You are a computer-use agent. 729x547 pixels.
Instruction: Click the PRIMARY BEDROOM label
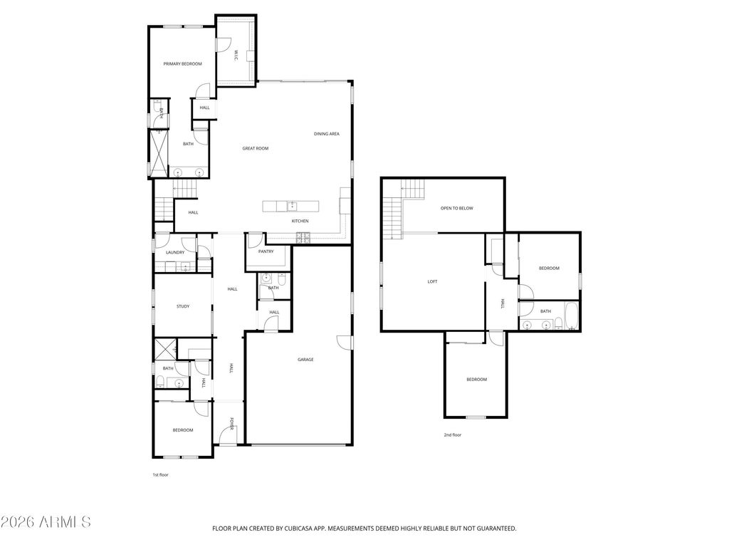point(182,64)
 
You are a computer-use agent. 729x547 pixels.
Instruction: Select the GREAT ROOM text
point(255,148)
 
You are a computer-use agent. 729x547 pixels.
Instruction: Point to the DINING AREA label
point(326,134)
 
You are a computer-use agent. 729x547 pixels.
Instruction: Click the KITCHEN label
point(300,221)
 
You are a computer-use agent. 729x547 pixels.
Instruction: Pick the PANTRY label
point(266,251)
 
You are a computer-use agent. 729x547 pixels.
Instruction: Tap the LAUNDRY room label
point(175,252)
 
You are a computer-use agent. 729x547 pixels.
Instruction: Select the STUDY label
point(183,306)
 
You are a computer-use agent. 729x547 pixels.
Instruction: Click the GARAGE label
point(305,360)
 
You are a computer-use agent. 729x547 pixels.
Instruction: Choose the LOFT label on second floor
point(432,281)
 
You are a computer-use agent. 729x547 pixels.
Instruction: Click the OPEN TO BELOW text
point(456,208)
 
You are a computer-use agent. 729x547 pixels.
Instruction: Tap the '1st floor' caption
point(160,474)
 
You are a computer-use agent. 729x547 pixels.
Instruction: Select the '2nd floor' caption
point(452,434)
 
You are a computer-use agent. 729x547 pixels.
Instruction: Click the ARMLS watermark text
point(46,522)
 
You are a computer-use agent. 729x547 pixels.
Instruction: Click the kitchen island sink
point(291,207)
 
